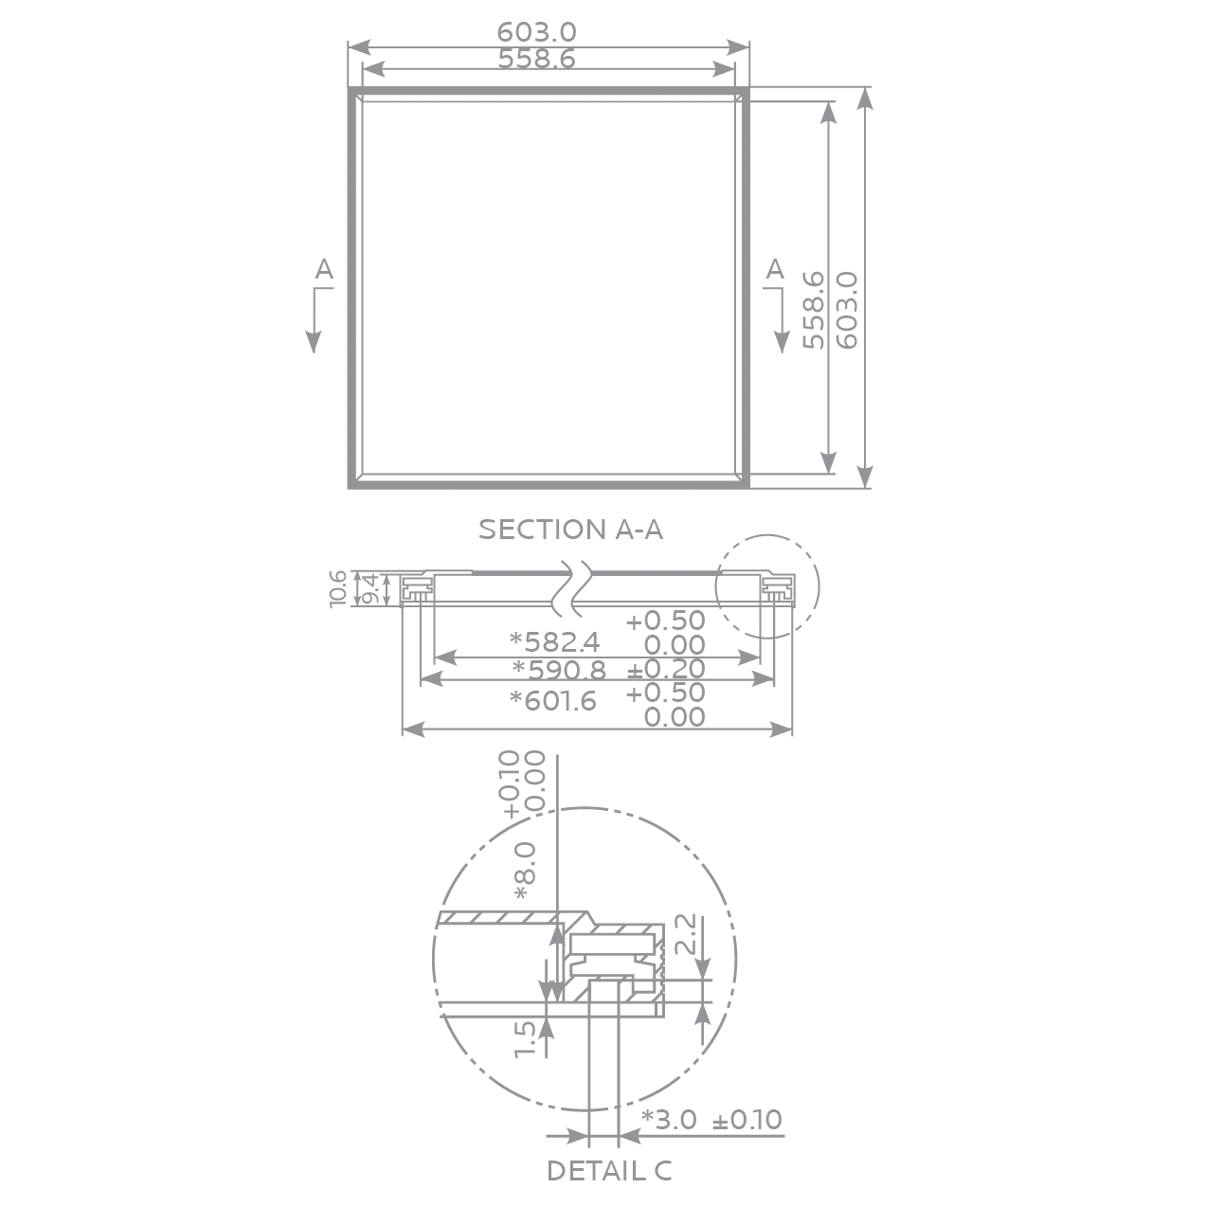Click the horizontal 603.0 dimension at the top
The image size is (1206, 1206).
(536, 32)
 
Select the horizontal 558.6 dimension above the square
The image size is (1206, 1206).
(536, 59)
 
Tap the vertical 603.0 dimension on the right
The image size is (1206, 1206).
(847, 310)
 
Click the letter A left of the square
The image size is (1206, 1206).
(324, 270)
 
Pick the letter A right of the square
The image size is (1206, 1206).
(775, 269)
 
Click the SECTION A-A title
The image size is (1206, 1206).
(570, 530)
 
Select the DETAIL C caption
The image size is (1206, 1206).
(609, 1171)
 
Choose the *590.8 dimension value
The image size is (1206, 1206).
(559, 670)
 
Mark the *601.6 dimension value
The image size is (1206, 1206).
(553, 701)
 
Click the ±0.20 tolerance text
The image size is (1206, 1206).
(666, 670)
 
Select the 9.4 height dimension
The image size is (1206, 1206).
(371, 589)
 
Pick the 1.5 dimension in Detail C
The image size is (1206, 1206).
(525, 1038)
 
